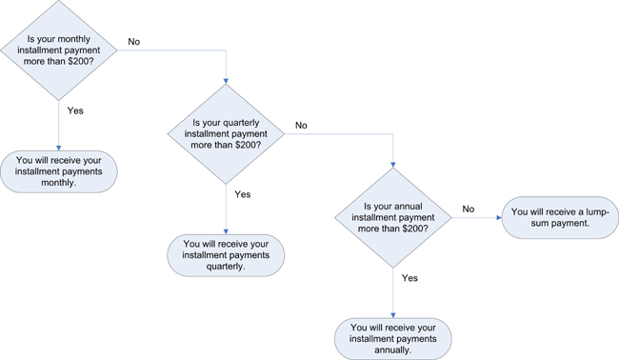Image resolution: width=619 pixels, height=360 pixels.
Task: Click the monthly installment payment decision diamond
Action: [x=59, y=49]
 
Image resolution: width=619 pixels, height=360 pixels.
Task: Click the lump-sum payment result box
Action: [x=559, y=218]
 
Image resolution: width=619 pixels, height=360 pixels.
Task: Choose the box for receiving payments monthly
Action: [x=59, y=170]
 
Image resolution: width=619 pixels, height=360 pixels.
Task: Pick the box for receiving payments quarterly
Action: [x=226, y=255]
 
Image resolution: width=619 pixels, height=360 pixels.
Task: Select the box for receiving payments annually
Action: [x=392, y=339]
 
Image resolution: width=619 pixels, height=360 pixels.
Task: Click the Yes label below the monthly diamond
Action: [x=75, y=110]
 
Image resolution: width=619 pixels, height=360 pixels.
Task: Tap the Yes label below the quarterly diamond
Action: [x=242, y=194]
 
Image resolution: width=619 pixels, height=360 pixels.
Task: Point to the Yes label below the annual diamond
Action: [x=409, y=278]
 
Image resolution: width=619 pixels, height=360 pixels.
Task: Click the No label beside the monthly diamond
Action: [x=134, y=42]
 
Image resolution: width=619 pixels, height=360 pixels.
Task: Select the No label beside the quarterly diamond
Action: [x=301, y=126]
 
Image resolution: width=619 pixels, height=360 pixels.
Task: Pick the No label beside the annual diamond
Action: [x=469, y=210]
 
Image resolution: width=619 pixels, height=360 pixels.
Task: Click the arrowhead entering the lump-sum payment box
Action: [x=498, y=217]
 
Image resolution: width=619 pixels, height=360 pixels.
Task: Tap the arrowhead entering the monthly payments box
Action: [x=59, y=147]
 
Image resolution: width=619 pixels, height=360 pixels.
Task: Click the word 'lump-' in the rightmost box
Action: [x=593, y=211]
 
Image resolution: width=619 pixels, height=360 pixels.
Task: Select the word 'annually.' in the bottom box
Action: [x=392, y=350]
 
